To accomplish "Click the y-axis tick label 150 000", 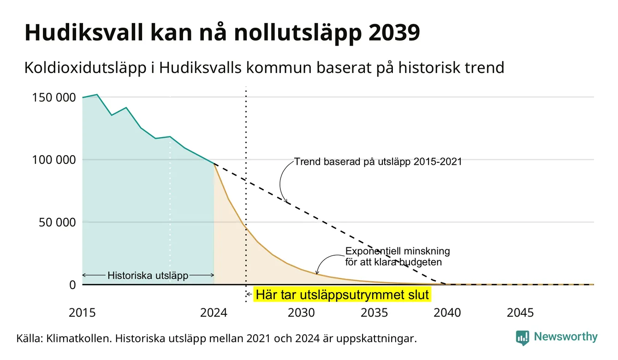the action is pos(54,97).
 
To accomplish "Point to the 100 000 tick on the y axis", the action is pos(54,160).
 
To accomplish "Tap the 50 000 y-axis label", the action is pos(57,222).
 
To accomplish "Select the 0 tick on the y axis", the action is pos(72,285).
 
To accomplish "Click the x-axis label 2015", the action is pos(82,313).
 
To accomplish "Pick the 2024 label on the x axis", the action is pos(214,313).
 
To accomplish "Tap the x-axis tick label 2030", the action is pos(301,313).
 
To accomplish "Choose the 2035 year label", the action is pos(374,313).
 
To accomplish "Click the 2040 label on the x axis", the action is pos(447,313).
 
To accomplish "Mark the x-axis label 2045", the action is pos(520,313).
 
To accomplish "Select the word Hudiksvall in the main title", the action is pos(84,33).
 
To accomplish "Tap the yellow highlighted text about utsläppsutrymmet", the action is pos(342,294).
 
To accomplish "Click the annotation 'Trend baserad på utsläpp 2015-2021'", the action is pos(378,162).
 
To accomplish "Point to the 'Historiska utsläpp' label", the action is pos(148,276).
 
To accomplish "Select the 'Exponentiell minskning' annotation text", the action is pos(398,251).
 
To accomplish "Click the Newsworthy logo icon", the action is pos(522,338).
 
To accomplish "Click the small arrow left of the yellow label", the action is pos(249,294).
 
